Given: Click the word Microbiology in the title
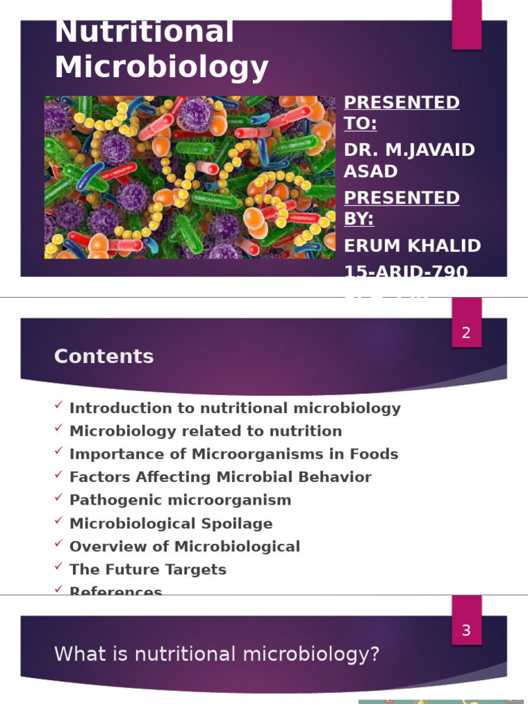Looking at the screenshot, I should click(162, 67).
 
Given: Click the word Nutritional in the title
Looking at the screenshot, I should click(144, 33).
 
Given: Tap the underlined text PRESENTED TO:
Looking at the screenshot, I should click(401, 112).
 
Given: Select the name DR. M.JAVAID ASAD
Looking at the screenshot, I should click(409, 159).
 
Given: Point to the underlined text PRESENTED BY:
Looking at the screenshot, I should click(401, 208).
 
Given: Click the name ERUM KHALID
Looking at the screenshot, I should click(412, 245).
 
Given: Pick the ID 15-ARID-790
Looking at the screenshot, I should click(406, 272).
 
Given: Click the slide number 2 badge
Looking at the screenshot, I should click(466, 333).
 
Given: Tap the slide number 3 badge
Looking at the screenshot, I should click(466, 630).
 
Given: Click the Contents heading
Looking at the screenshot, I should click(104, 356).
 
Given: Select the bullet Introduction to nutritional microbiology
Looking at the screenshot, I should click(235, 408).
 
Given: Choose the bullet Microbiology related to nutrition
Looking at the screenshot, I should click(206, 431).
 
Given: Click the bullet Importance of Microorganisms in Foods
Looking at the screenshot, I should click(234, 454).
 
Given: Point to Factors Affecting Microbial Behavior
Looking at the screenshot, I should click(221, 477).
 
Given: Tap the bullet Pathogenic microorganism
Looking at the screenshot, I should click(180, 500).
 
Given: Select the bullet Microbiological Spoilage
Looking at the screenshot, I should click(171, 523).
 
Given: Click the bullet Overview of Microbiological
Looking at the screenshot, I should click(185, 547).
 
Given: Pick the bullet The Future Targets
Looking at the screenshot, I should click(148, 569).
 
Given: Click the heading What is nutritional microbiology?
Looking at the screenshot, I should click(217, 654).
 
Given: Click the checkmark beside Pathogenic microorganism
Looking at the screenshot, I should click(58, 498).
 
